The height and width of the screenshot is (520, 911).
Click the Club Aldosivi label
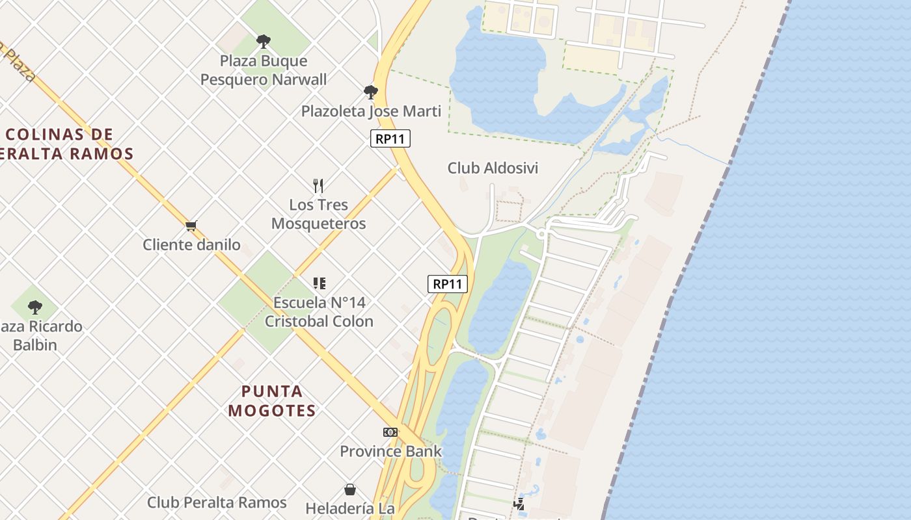coord(493,168)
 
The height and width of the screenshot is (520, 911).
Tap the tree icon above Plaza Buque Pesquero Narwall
coord(264,42)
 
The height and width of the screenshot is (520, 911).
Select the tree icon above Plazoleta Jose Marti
coord(371,92)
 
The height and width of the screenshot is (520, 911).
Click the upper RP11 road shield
coord(390,138)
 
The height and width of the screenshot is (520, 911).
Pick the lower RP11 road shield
coord(448,284)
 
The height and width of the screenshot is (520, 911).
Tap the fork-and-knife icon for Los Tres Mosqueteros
coord(318,187)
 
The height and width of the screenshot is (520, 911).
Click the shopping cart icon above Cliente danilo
coord(191,226)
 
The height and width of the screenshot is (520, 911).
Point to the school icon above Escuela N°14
coord(319,283)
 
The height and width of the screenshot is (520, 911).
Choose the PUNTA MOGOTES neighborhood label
coord(272,401)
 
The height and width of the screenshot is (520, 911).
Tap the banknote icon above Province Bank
coord(390,432)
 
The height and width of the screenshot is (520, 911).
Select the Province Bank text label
coord(390,451)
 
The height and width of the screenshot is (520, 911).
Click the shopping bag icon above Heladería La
coord(350,489)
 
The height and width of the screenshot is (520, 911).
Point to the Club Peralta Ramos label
coord(217,502)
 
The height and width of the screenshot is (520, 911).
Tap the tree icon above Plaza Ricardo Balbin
coord(35,307)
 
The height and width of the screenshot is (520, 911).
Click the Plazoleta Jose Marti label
coord(371,111)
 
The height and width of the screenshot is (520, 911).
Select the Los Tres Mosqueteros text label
coord(318,214)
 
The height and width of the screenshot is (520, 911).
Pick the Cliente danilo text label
coord(191,245)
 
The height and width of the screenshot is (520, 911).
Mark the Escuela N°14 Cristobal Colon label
coord(319,312)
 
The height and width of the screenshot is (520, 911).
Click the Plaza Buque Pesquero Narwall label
coord(264,70)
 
